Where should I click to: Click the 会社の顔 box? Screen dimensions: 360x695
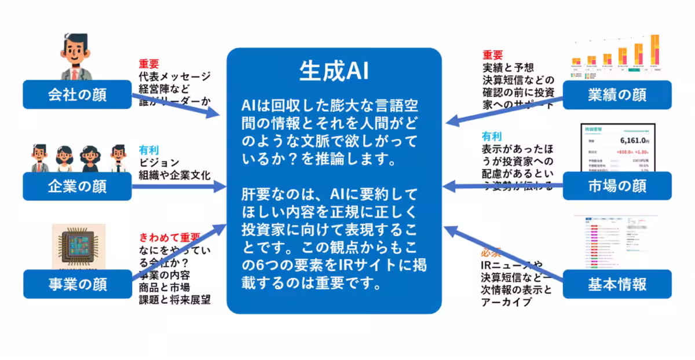(x=77, y=94)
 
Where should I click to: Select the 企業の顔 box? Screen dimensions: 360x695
(x=77, y=186)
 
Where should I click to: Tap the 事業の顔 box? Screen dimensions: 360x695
(x=77, y=284)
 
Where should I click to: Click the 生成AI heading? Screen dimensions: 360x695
(x=334, y=71)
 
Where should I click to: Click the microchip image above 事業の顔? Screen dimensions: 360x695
(x=78, y=246)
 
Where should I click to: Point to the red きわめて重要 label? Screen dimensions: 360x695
(x=169, y=237)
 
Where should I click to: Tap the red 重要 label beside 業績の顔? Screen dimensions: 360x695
(x=493, y=55)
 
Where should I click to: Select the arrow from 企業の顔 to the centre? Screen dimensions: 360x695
(x=180, y=186)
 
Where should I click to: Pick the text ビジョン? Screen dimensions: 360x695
(x=159, y=163)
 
